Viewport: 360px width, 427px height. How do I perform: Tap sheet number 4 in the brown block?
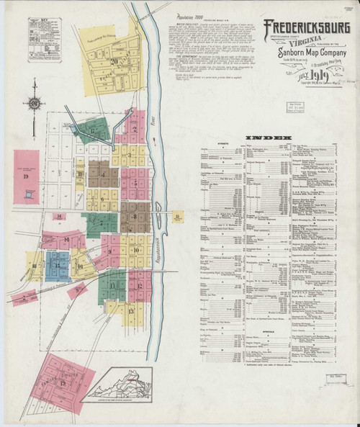tap(104, 174)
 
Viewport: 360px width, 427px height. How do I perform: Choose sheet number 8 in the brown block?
tap(134, 215)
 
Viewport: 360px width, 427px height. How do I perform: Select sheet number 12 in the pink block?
tap(138, 285)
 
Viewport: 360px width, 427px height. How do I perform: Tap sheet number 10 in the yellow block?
tap(135, 250)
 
